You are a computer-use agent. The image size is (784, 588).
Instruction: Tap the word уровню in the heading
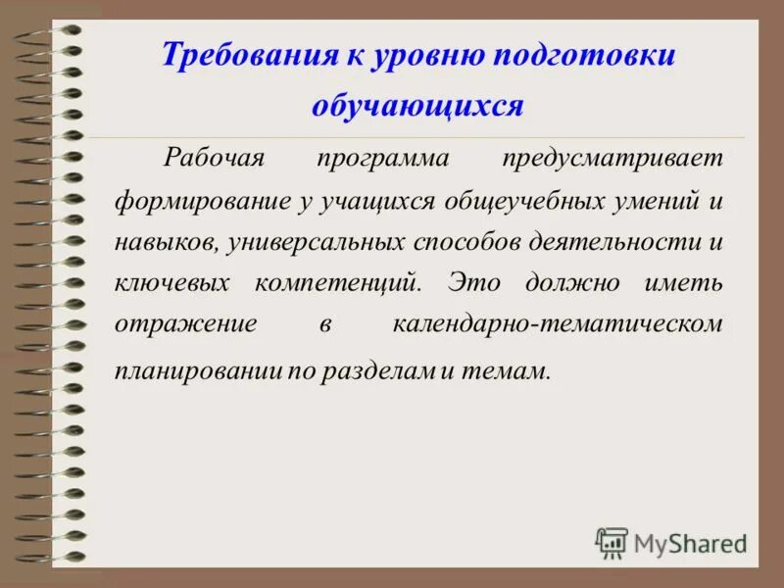(x=427, y=55)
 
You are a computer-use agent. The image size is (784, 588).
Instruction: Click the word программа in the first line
(x=383, y=157)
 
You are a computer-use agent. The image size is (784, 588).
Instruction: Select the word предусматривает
(x=612, y=157)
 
